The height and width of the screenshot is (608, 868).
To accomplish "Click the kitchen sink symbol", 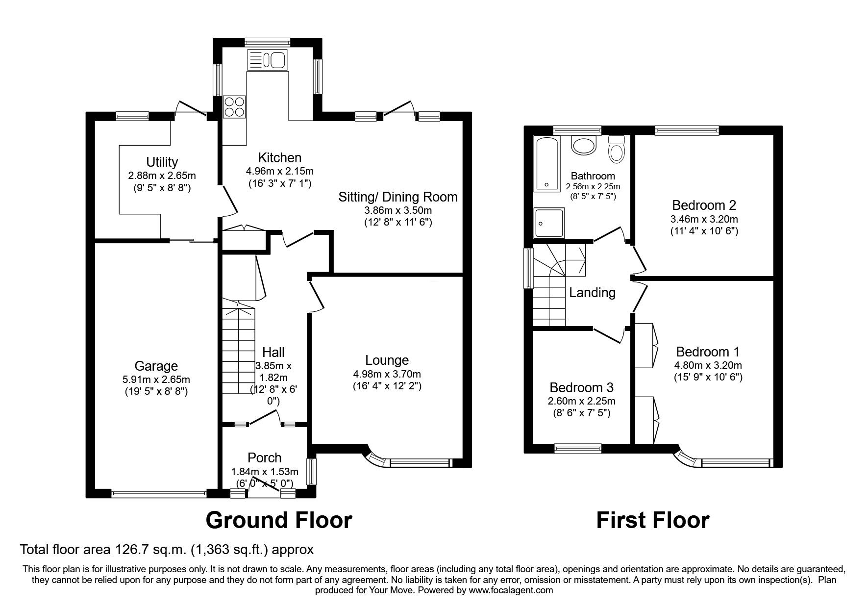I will point(268,60).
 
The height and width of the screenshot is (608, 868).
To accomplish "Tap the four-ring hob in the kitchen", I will point(234,106).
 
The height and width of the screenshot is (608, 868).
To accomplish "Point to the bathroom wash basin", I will point(583,146).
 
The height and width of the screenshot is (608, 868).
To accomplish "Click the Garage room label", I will point(156,366).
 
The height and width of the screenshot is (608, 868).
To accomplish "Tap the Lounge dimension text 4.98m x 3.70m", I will point(387,374).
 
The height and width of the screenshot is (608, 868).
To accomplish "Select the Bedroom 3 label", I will point(581,387).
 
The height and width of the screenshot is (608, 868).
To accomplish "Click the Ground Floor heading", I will point(278,520).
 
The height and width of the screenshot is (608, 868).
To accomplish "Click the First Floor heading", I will point(652,520).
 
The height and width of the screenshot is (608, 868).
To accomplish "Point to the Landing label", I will point(592,293).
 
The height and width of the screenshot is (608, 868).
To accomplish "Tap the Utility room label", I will point(162,162).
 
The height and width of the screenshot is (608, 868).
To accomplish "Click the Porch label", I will point(264,457).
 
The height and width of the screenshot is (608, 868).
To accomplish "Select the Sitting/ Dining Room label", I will point(398,197).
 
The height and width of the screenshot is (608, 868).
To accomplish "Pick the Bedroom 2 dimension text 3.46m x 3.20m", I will point(704,219).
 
